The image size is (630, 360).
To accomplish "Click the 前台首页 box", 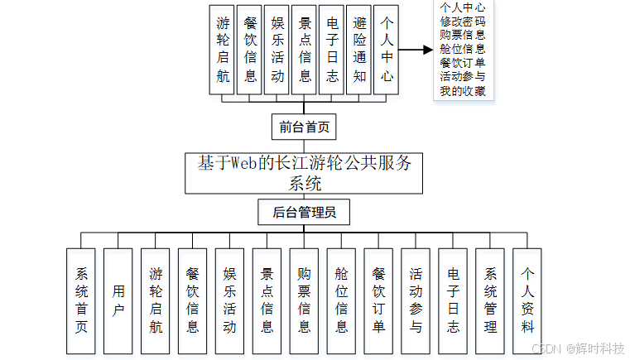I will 304,127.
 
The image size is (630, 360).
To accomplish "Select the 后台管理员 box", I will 304,213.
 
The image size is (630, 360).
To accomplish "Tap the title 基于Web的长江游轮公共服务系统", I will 304,172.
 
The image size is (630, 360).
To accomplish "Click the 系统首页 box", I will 81,300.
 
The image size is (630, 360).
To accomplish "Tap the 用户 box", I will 118,300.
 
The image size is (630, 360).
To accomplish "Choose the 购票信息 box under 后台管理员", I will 304,300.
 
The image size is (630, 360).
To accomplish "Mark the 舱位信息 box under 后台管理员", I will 341,300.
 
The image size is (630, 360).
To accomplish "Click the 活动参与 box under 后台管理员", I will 416,300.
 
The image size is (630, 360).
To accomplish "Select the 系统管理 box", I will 490,300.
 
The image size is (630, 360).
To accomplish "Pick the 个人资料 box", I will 527,300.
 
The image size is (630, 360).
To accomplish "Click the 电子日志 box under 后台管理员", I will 453,300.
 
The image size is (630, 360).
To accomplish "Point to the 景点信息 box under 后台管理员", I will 267,300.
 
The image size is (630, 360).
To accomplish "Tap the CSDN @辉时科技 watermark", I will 577,348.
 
